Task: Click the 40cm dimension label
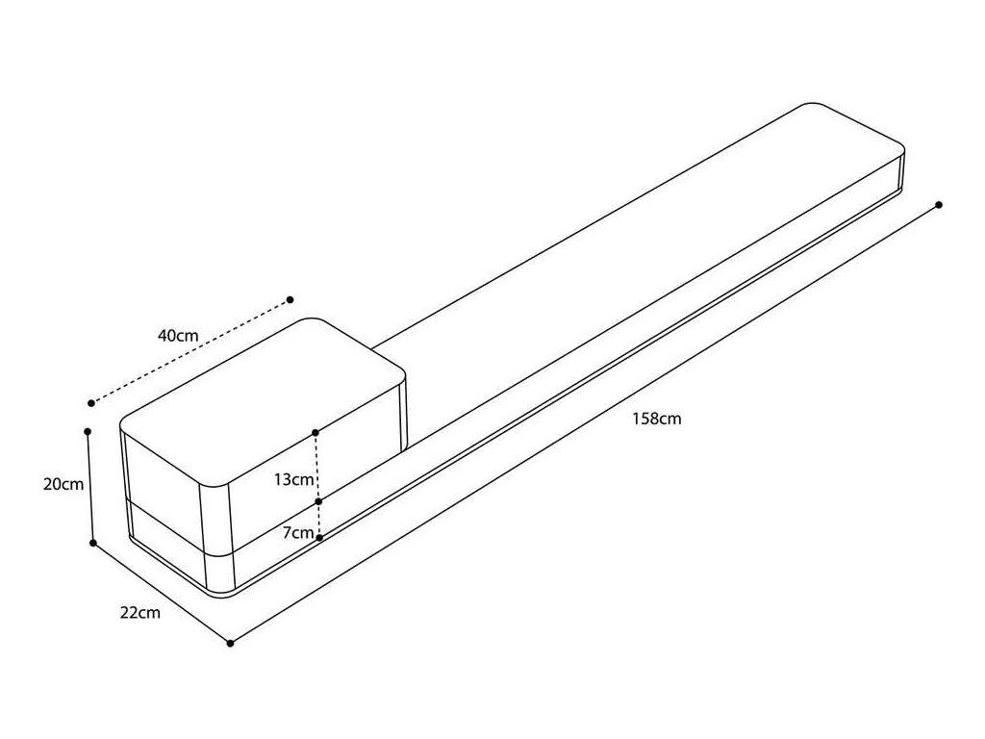[x=178, y=336]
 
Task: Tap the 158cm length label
[x=657, y=419]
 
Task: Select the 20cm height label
[x=63, y=484]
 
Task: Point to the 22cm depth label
[x=140, y=613]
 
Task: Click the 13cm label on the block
[x=292, y=479]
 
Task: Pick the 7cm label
[x=298, y=532]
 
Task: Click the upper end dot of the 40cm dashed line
[x=290, y=299]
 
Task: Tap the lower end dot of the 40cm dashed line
[x=91, y=402]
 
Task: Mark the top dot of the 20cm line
[x=88, y=431]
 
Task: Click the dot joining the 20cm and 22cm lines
[x=93, y=543]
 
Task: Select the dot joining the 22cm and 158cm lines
[x=230, y=643]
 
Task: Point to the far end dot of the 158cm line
[x=939, y=204]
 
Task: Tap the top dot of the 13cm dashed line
[x=316, y=432]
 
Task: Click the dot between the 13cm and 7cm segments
[x=317, y=502]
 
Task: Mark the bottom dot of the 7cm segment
[x=318, y=537]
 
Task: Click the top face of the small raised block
[x=260, y=395]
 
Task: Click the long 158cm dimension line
[x=577, y=426]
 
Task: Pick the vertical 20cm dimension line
[x=90, y=487]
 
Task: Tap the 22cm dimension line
[x=162, y=593]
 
